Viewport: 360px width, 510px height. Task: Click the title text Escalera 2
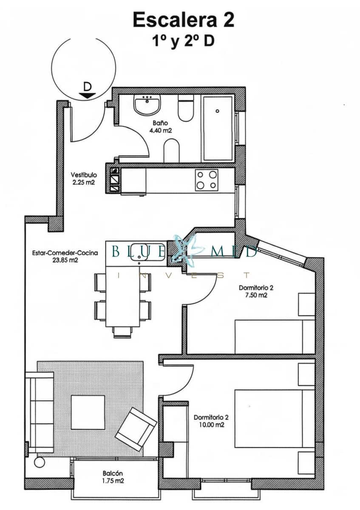pyautogui.click(x=183, y=20)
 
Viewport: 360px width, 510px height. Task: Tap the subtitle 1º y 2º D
pyautogui.click(x=183, y=42)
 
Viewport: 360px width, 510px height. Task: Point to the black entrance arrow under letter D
pyautogui.click(x=87, y=95)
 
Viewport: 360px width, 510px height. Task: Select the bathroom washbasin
pyautogui.click(x=147, y=105)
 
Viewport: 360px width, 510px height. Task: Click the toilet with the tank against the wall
pyautogui.click(x=186, y=109)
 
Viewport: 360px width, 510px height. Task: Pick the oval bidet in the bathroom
pyautogui.click(x=172, y=151)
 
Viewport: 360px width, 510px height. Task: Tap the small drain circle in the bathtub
pyautogui.click(x=217, y=111)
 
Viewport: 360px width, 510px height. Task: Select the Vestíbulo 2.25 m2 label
pyautogui.click(x=84, y=178)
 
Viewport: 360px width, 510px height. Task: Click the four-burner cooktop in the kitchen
pyautogui.click(x=207, y=179)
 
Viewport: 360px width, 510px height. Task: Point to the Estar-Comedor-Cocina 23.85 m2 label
pyautogui.click(x=65, y=257)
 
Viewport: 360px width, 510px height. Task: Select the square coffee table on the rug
pyautogui.click(x=88, y=412)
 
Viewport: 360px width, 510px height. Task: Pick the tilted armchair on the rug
pyautogui.click(x=135, y=429)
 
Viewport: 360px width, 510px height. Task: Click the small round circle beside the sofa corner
pyautogui.click(x=39, y=462)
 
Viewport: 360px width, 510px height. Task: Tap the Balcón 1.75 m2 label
pyautogui.click(x=113, y=477)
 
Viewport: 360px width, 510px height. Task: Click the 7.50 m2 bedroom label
pyautogui.click(x=256, y=292)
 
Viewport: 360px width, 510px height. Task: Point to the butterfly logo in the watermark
pyautogui.click(x=186, y=250)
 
